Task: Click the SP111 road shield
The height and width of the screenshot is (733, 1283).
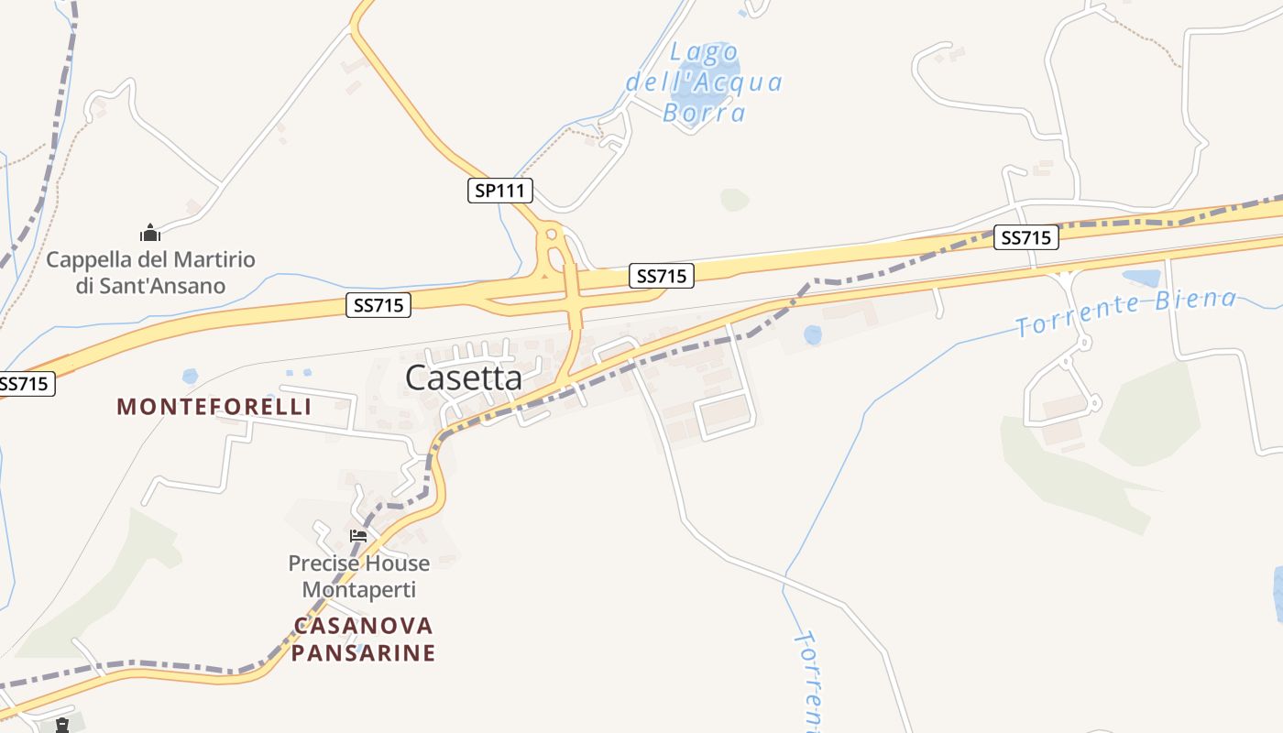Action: tap(499, 191)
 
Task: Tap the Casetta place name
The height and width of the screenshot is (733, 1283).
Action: tap(464, 377)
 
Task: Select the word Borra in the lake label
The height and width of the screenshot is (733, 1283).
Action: tap(704, 113)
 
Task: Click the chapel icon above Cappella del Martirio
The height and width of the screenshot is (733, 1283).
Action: tap(150, 233)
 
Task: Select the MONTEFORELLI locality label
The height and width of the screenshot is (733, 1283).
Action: tap(214, 407)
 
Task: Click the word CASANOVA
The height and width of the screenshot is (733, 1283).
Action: tap(363, 626)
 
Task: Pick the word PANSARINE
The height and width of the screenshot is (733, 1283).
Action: tap(363, 653)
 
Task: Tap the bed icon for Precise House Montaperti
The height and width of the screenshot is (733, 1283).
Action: tap(358, 536)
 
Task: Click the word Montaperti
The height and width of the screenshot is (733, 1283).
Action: tap(359, 589)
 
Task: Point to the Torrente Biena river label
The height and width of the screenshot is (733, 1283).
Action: tap(1126, 312)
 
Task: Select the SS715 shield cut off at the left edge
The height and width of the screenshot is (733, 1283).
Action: tap(26, 384)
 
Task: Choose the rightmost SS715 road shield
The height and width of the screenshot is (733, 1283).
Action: tap(1026, 237)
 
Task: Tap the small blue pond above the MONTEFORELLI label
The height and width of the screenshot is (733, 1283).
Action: tap(190, 376)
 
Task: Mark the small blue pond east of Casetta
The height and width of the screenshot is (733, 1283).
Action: tap(813, 335)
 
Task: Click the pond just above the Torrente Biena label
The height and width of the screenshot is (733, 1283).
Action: tap(1141, 277)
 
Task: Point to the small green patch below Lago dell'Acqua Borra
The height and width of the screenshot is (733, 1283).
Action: tap(734, 199)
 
